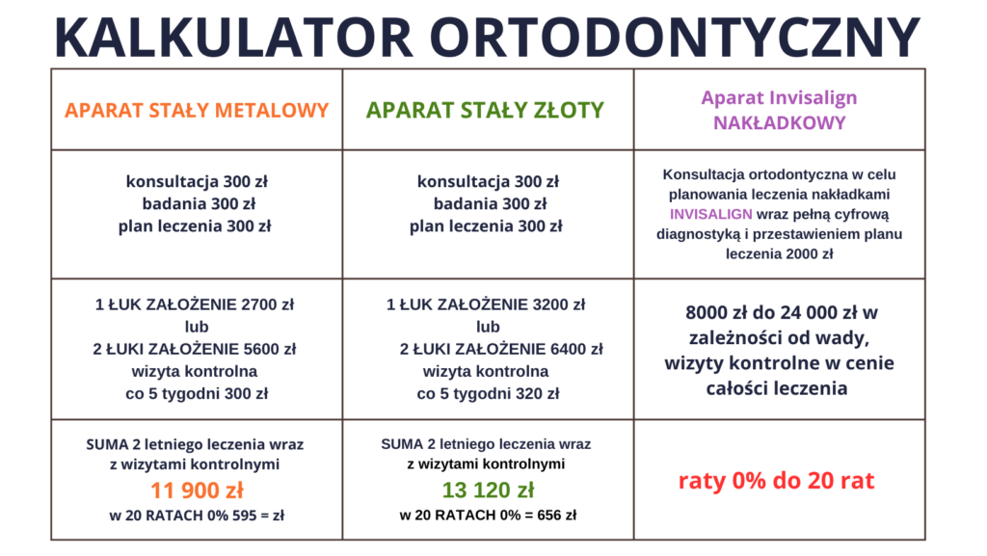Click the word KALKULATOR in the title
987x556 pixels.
pyautogui.click(x=234, y=38)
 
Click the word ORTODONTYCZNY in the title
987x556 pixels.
pyautogui.click(x=676, y=38)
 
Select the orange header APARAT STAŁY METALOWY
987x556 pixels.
pyautogui.click(x=197, y=110)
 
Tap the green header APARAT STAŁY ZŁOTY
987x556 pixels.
pyautogui.click(x=486, y=110)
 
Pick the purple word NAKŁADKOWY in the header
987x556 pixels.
pyautogui.click(x=779, y=122)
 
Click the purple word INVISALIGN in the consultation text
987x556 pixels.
pyautogui.click(x=710, y=214)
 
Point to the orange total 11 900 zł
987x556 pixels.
pyautogui.click(x=197, y=490)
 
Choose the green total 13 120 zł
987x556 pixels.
pyautogui.click(x=488, y=490)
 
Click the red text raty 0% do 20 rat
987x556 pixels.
pyautogui.click(x=777, y=481)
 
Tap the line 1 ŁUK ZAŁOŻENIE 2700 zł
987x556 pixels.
pyautogui.click(x=195, y=305)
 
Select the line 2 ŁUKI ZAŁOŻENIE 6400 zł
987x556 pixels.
pyautogui.click(x=501, y=349)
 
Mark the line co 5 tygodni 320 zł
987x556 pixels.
pyautogui.click(x=488, y=394)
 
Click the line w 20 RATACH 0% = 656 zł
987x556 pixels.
pyautogui.click(x=488, y=516)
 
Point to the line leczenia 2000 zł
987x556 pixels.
pyautogui.click(x=779, y=254)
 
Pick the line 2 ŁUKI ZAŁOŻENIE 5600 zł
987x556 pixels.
pyautogui.click(x=195, y=349)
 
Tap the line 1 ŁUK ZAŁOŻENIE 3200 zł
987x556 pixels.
pyautogui.click(x=486, y=305)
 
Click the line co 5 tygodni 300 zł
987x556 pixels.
pyautogui.click(x=197, y=394)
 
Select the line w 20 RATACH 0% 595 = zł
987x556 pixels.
pyautogui.click(x=197, y=516)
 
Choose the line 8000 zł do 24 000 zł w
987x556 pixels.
pyautogui.click(x=781, y=312)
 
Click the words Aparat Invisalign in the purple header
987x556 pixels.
pyautogui.click(x=779, y=98)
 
